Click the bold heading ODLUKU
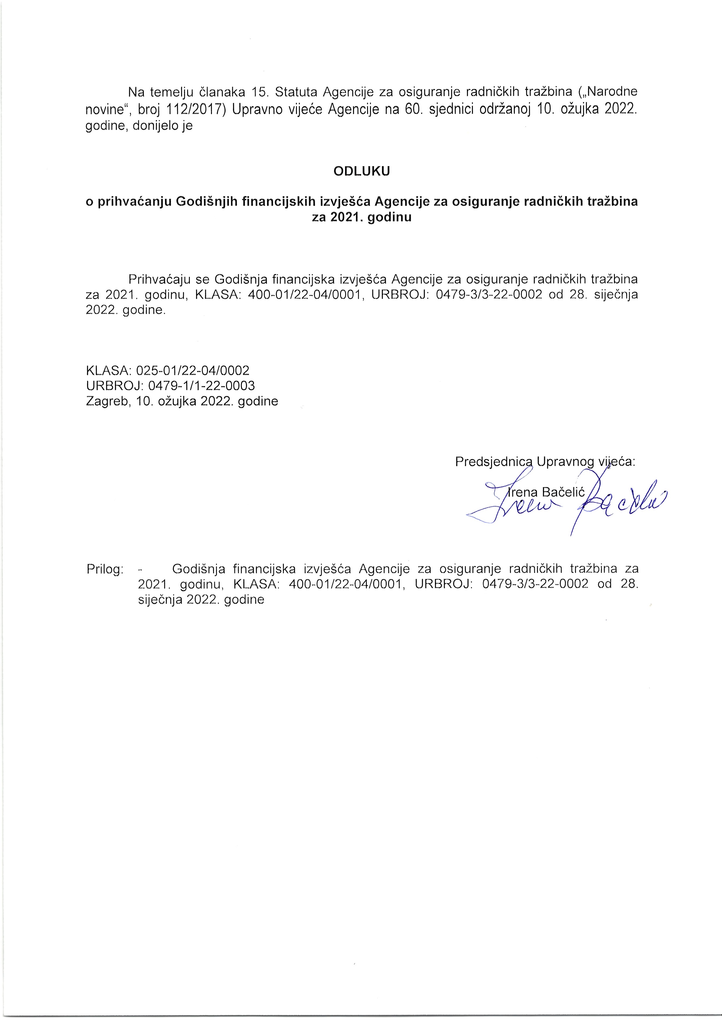361,171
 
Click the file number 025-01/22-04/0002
193,370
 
